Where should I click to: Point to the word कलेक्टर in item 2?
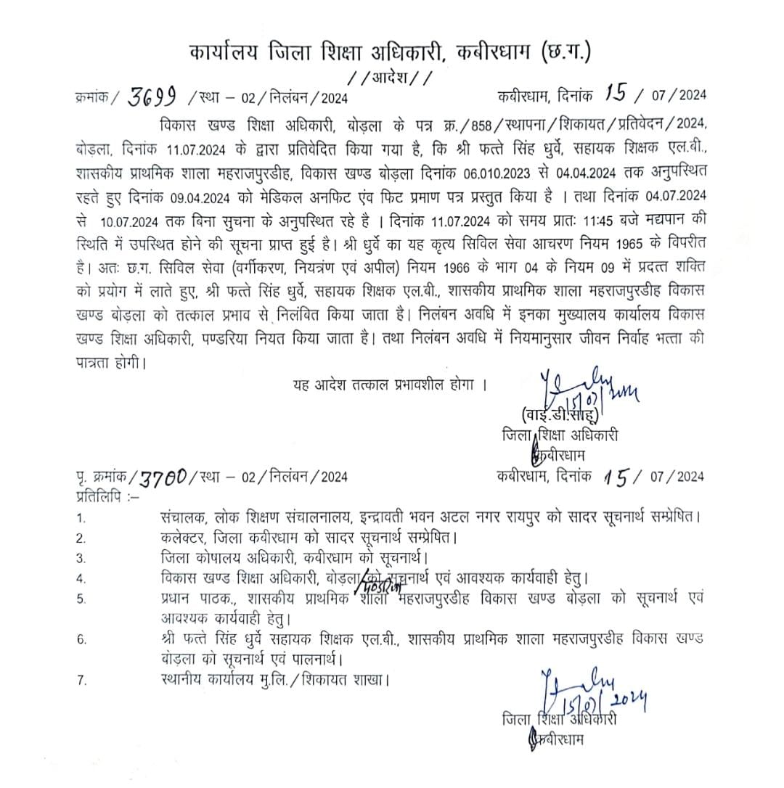tap(186, 538)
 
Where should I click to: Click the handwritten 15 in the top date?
tap(616, 95)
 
